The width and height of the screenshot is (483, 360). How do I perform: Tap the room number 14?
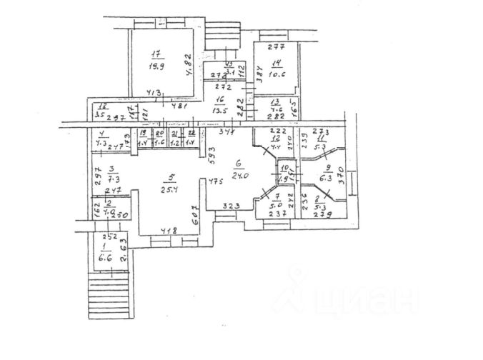(275, 62)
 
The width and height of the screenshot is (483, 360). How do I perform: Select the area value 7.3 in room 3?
(113, 181)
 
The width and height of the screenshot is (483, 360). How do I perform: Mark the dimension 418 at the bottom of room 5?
(169, 230)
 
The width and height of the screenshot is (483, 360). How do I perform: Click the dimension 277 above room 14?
(276, 47)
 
